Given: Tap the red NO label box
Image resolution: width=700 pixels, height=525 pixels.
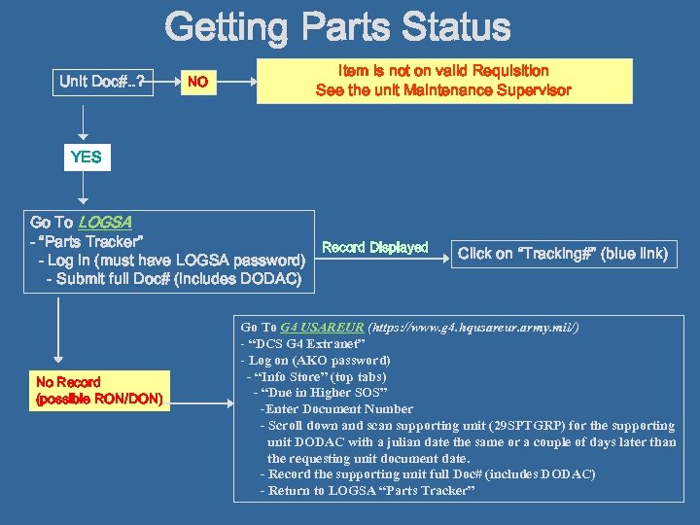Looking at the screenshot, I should click(197, 82).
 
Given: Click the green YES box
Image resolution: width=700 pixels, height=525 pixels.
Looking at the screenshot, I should click(86, 157).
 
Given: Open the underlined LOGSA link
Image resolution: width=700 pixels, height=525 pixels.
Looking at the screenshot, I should click(105, 222).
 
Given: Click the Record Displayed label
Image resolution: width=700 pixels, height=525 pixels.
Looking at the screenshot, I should click(374, 247).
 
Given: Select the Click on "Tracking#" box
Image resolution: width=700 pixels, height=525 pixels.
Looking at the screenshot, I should click(563, 254).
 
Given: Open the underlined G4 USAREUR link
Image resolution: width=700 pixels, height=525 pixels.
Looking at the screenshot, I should click(309, 328).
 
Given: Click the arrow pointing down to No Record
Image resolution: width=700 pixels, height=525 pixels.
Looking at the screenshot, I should click(60, 331).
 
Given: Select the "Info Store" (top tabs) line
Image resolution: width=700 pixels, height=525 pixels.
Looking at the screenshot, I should click(318, 376).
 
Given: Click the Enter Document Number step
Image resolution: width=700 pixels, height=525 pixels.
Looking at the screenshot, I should click(338, 409).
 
